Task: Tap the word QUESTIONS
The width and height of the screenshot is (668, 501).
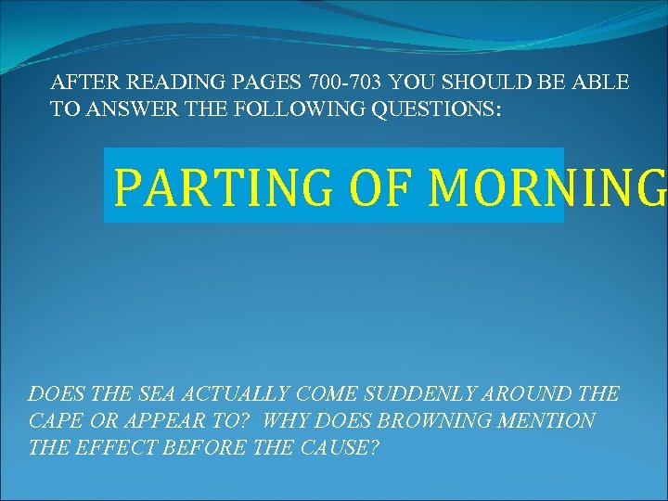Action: [436, 109]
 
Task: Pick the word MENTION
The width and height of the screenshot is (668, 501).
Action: [550, 421]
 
